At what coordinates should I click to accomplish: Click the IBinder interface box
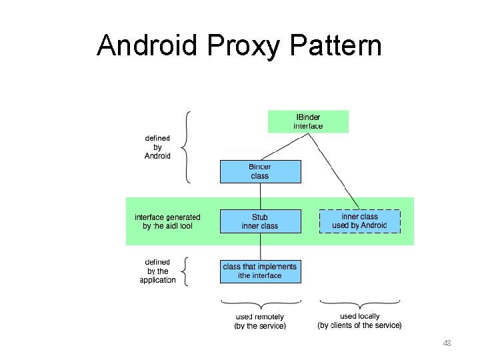tap(308, 121)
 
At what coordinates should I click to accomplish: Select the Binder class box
tap(260, 171)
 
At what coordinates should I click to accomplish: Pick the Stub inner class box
tap(260, 221)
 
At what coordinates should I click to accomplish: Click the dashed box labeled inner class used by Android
tap(360, 221)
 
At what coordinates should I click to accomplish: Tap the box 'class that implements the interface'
tap(260, 271)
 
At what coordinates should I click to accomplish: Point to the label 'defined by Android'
tap(158, 147)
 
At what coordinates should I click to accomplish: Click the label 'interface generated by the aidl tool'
tap(167, 221)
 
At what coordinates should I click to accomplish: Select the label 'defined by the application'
tap(158, 271)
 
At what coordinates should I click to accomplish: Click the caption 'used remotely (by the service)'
tap(260, 321)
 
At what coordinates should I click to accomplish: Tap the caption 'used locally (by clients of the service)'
tap(360, 321)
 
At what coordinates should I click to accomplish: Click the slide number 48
tap(447, 343)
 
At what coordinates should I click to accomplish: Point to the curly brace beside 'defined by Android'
tap(188, 147)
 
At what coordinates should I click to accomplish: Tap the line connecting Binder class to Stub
tap(260, 196)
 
